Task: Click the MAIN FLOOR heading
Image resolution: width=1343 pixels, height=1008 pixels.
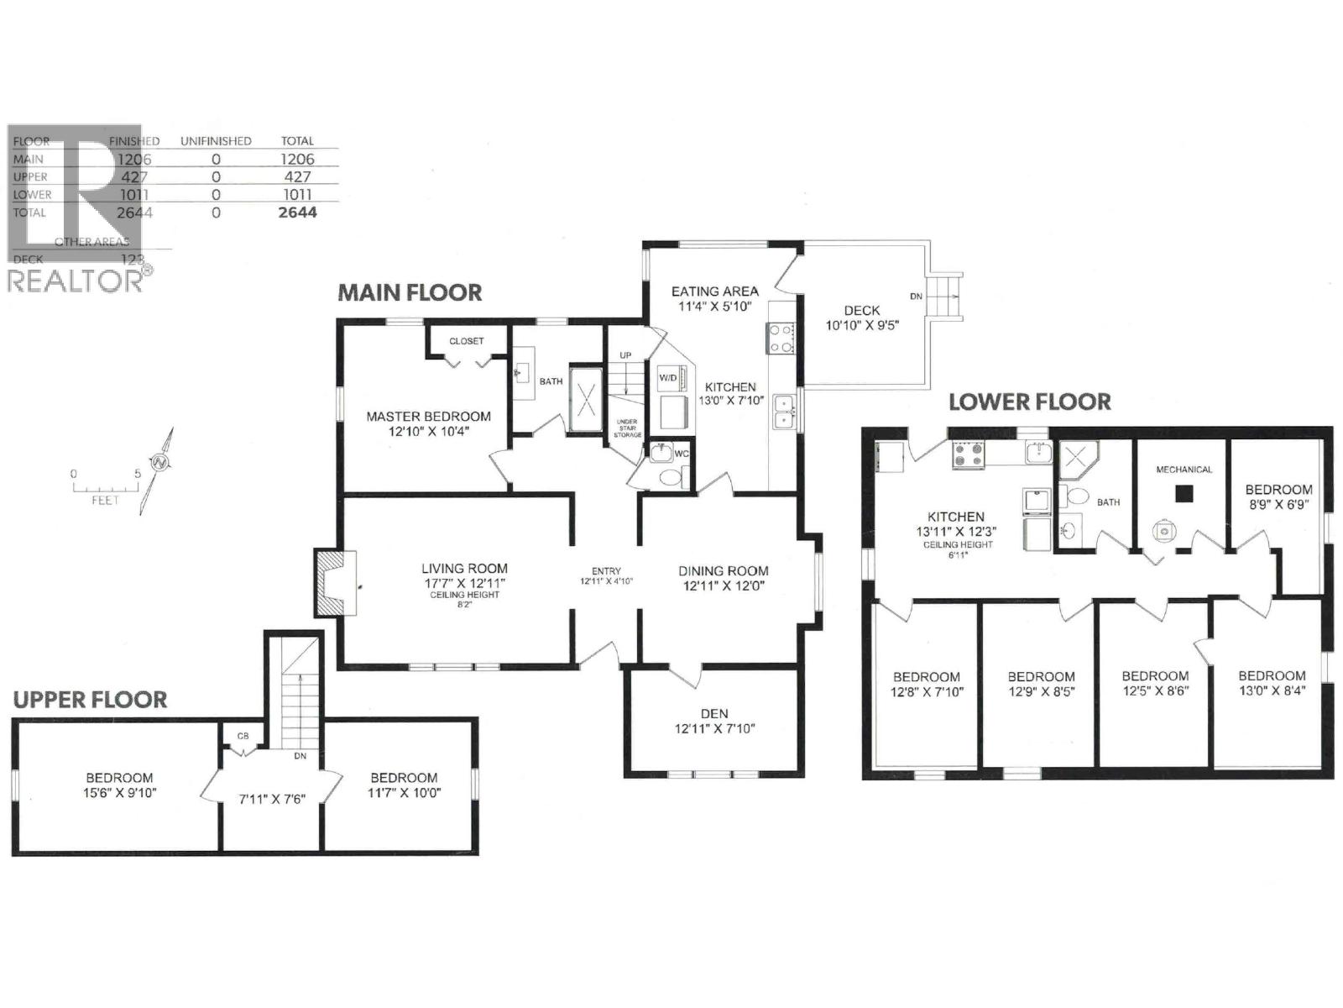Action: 410,292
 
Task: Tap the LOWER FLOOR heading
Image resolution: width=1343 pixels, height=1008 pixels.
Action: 1030,402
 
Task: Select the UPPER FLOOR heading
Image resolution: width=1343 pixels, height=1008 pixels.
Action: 90,700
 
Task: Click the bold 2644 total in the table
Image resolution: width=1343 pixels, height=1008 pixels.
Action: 298,213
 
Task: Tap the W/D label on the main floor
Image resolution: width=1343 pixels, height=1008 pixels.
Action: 668,378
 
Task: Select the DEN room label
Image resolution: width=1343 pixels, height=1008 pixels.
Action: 714,713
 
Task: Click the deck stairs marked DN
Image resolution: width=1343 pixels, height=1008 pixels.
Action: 944,296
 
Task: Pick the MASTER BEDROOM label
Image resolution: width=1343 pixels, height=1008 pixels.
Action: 428,417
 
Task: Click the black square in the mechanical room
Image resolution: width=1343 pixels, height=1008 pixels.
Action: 1184,494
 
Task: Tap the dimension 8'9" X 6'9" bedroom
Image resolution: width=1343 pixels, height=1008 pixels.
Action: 1278,505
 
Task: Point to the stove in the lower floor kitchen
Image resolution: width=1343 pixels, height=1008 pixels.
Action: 968,456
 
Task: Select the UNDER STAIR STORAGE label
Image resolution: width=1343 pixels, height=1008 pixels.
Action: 627,428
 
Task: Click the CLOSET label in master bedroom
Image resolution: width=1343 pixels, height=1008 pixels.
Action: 467,341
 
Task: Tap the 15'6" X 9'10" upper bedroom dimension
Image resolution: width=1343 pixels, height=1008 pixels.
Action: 119,792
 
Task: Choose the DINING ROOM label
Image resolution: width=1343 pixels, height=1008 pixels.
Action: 723,571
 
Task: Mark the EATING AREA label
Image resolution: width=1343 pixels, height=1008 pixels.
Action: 714,291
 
